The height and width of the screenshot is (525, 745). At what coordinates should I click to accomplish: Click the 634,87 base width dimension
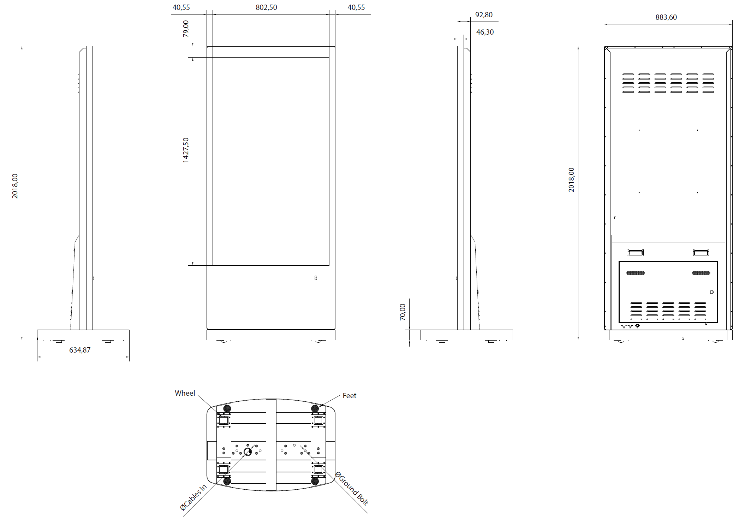tap(80, 350)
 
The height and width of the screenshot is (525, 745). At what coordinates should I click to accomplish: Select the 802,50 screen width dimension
tap(266, 7)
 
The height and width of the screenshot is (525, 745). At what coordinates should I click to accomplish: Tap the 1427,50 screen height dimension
tap(186, 150)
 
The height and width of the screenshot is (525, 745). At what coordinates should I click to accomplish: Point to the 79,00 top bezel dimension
tap(186, 29)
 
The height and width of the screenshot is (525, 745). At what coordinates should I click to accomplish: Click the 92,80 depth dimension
tap(484, 15)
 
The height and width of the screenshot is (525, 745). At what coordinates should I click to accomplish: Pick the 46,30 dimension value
tap(485, 32)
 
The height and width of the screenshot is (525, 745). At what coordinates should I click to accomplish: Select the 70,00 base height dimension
tap(403, 312)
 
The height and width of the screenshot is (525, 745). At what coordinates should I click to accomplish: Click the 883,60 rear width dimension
tap(666, 17)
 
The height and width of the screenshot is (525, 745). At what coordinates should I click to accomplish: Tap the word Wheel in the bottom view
tap(185, 393)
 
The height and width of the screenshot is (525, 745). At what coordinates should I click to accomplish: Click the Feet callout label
tap(349, 396)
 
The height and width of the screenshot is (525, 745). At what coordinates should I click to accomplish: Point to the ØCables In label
tap(193, 497)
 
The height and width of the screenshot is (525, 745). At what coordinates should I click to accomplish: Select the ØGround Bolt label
tap(352, 488)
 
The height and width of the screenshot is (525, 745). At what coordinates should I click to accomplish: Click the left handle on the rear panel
tap(636, 252)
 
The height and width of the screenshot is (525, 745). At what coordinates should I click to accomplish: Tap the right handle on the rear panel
tap(701, 252)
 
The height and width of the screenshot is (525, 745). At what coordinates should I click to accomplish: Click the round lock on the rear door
tap(711, 292)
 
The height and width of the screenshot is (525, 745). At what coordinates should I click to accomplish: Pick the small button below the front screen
tap(316, 278)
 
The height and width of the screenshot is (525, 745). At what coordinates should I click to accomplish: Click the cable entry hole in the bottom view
tap(248, 452)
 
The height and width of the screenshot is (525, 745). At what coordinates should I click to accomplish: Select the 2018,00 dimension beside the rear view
tap(571, 180)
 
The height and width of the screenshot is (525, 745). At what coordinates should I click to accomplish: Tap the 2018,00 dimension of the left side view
tap(15, 186)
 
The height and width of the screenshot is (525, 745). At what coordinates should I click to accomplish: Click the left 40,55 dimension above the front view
tap(181, 7)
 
